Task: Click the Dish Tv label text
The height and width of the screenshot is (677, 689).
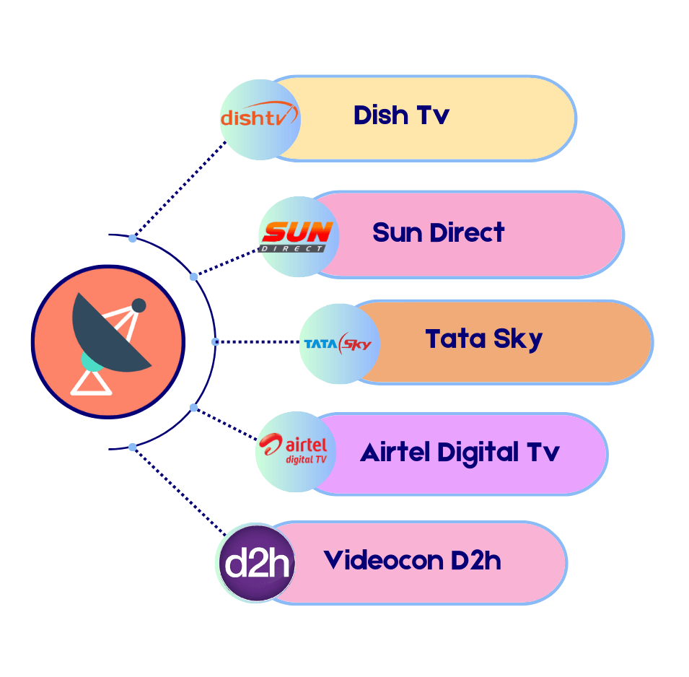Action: point(401,115)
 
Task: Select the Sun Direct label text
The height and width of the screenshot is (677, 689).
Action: point(438,233)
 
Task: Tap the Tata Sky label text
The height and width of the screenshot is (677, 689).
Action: point(483,339)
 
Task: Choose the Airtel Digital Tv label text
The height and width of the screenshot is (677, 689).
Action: point(460,453)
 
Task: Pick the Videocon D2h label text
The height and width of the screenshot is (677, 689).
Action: point(412,560)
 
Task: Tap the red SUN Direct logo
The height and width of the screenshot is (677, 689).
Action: point(297,235)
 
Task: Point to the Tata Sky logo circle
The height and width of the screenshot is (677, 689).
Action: point(338,344)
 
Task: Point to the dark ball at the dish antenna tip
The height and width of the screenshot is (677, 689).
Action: point(139,305)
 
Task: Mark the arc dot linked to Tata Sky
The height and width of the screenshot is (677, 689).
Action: point(215,341)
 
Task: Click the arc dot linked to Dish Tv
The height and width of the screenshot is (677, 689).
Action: point(132,237)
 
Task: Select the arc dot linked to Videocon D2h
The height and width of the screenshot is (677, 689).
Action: point(132,447)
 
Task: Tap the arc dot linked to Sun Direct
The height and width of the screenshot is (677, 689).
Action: point(193,276)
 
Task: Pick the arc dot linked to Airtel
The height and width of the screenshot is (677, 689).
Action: point(193,408)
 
